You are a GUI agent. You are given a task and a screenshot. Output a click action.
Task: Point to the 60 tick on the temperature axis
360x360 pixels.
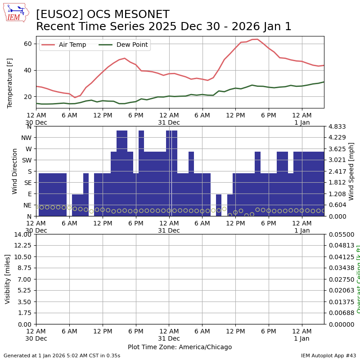tap(28, 44)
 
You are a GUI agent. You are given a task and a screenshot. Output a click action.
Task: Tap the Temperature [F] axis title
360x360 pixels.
tap(10, 83)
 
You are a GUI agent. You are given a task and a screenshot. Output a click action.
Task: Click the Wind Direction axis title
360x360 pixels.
tap(15, 171)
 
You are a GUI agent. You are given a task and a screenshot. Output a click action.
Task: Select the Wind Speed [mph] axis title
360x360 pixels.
tap(351, 171)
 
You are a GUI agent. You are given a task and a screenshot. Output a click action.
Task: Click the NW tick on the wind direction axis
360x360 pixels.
tap(26, 138)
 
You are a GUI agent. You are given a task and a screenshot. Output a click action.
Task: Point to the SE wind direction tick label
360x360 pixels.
tap(27, 183)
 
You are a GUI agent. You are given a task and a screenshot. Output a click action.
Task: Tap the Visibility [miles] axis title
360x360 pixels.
tap(8, 279)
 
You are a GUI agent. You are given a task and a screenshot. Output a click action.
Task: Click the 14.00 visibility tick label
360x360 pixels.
tap(22, 234)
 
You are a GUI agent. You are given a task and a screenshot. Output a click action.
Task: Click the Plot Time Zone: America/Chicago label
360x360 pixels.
tap(180, 347)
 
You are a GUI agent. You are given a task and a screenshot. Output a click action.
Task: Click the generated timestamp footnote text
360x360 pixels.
tap(62, 355)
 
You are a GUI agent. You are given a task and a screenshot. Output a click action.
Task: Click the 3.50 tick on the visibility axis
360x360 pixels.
tap(24, 302)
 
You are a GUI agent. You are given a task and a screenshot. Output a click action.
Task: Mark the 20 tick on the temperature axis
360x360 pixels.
tap(28, 97)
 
